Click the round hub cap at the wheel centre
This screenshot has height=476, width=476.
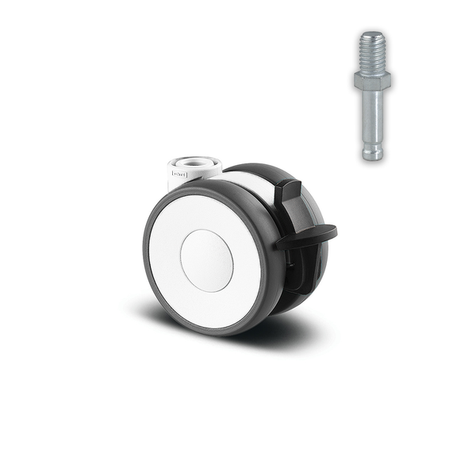tap(206, 260)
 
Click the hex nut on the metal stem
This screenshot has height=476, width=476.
tap(372, 80)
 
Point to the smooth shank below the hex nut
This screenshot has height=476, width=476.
tap(373, 111)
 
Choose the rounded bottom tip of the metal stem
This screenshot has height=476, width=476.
tap(373, 155)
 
